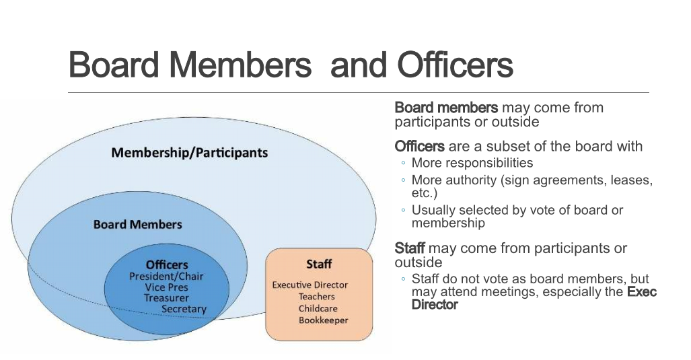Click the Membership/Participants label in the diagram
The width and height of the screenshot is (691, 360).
click(190, 153)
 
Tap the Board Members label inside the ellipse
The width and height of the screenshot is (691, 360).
click(137, 224)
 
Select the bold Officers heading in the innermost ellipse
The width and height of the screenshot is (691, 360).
click(167, 264)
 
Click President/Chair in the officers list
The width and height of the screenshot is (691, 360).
click(166, 277)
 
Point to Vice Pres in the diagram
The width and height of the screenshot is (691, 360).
click(167, 287)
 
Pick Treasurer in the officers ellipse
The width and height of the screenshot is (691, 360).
click(166, 298)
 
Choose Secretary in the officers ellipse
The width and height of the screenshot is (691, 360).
click(184, 309)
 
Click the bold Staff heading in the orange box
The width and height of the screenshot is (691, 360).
click(319, 264)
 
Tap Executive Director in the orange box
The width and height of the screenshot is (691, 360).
click(310, 285)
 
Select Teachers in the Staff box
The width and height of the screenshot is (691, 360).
click(316, 297)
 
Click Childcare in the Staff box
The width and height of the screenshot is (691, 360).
click(318, 308)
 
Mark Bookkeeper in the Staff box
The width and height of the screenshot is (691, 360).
click(323, 320)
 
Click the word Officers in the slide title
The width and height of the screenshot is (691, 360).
click(456, 65)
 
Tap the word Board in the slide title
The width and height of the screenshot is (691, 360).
click(114, 65)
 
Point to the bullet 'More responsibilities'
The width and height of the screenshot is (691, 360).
click(472, 163)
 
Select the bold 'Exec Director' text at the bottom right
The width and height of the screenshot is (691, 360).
click(534, 298)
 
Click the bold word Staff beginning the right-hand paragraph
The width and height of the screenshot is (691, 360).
click(409, 248)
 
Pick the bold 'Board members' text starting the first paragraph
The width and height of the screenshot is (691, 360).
click(446, 108)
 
